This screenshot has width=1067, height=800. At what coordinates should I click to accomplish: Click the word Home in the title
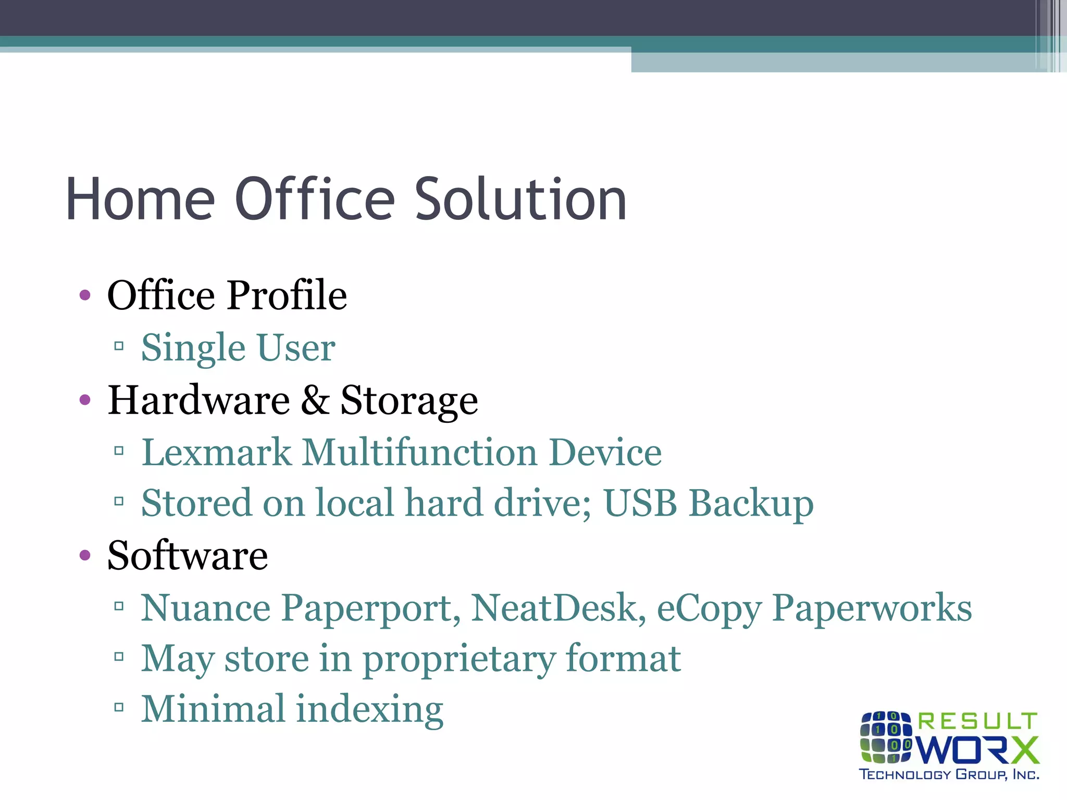click(140, 199)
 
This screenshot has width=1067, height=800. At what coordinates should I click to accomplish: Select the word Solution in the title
click(520, 199)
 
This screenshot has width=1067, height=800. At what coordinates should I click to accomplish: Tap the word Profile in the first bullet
click(287, 295)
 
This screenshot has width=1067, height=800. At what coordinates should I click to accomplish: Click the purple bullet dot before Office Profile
click(85, 296)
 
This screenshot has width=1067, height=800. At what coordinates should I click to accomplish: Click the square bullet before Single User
click(119, 346)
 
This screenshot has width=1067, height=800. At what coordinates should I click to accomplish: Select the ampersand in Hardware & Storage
click(315, 400)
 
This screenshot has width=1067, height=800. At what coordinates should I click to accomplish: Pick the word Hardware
click(198, 400)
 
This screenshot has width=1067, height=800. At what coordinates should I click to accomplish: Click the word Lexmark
click(216, 452)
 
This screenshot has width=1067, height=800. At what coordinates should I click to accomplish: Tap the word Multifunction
click(419, 452)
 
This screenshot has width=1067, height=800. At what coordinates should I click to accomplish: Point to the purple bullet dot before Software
click(85, 555)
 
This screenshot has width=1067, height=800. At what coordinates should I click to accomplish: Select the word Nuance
click(206, 607)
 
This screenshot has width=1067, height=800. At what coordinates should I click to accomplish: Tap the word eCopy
click(709, 608)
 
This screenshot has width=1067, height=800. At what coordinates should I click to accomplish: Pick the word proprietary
click(458, 659)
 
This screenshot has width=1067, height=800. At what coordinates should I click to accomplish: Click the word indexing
click(369, 710)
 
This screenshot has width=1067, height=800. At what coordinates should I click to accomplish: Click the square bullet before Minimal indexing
click(119, 707)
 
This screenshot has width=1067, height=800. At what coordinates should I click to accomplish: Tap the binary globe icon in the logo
click(886, 736)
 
